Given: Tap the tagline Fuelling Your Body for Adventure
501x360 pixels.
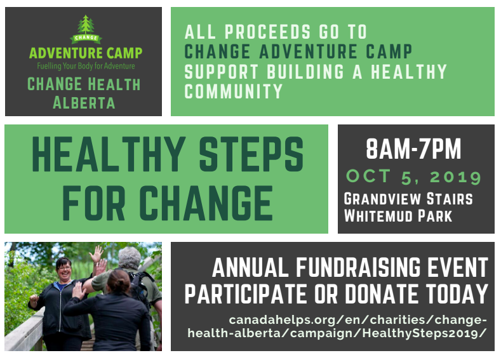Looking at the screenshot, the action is (86, 66).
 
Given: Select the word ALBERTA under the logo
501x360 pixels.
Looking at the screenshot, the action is (84, 103).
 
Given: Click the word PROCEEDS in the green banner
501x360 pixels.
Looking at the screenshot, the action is (267, 32).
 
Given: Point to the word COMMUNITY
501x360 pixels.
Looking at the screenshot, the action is (234, 91).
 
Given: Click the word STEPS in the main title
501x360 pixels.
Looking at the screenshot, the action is (251, 154).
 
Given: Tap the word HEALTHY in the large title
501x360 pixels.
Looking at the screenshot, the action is (109, 154).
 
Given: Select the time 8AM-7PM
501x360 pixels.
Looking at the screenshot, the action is (413, 149).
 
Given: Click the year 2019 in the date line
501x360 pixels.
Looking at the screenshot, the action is (455, 177).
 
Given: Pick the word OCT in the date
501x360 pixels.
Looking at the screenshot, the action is (368, 176).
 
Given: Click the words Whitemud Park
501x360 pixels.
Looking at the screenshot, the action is (398, 216).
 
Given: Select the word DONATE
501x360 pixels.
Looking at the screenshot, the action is (382, 294).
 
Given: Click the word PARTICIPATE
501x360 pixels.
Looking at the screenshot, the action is (246, 294).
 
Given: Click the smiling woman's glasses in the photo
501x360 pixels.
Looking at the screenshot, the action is (63, 268).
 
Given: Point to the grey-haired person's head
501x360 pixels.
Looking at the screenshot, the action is (129, 258).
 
